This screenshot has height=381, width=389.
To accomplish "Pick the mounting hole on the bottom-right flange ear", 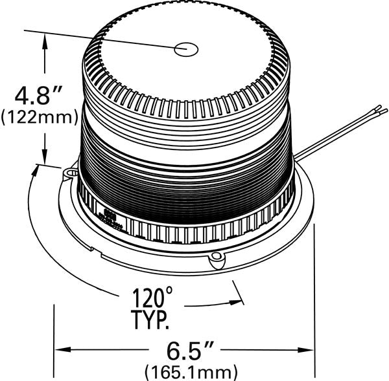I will (217, 259).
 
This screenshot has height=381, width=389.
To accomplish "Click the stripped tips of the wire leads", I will (381, 112).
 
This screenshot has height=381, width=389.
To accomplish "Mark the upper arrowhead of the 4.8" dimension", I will (45, 40).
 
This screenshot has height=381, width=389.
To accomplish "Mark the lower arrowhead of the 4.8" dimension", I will (45, 158).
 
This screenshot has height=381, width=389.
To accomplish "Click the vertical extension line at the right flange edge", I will (314, 298).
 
